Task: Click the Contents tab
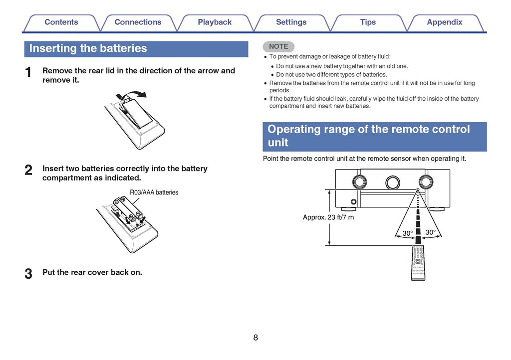point(61,22)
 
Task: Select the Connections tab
point(138,22)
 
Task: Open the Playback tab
point(215,22)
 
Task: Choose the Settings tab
point(291,22)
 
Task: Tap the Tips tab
point(368,22)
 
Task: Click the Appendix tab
point(444,22)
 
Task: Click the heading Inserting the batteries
point(88,48)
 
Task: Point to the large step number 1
point(29,73)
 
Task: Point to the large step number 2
point(29,171)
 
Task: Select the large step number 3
point(29,274)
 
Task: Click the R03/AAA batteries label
point(154,192)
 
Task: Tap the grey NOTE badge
point(278,46)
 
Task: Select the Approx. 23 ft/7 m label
point(328,217)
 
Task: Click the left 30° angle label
point(408,233)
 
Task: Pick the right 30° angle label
point(430,232)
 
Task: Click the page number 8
point(255,338)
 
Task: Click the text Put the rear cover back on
point(92,272)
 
